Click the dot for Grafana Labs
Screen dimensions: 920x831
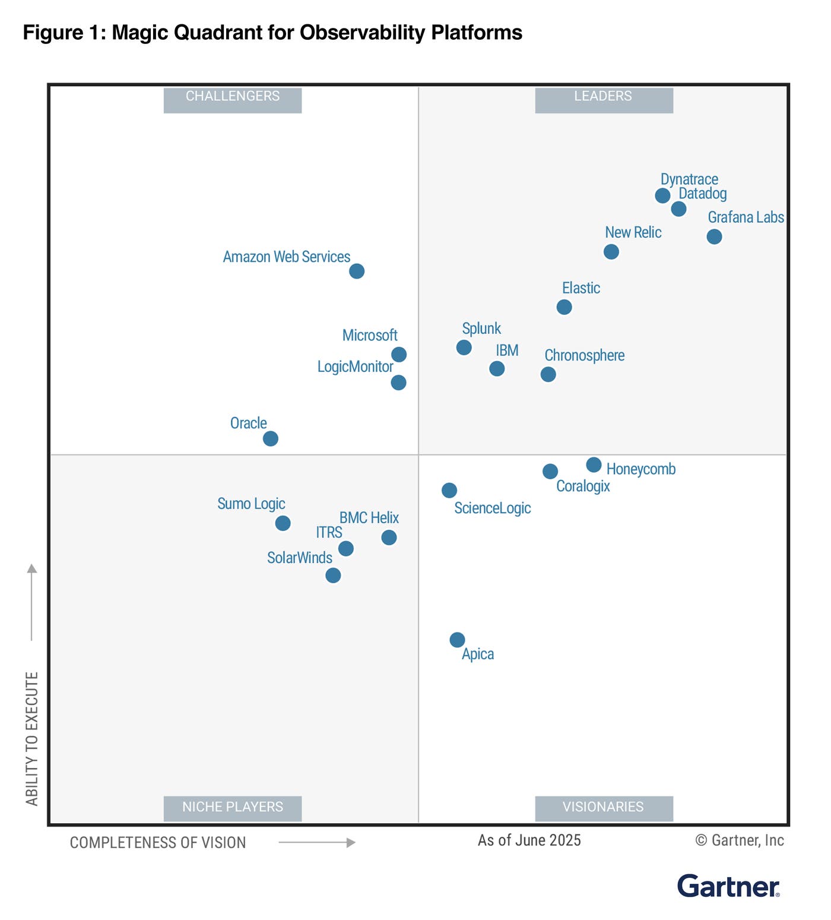point(714,236)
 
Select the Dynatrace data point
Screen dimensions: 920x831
point(662,195)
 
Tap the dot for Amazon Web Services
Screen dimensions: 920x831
point(356,271)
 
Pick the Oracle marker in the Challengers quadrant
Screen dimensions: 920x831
point(270,438)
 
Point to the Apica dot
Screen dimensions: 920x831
point(457,640)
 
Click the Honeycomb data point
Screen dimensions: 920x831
point(594,464)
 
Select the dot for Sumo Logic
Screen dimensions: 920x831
point(283,523)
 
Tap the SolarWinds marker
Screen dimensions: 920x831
point(333,575)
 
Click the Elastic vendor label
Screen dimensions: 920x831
point(581,288)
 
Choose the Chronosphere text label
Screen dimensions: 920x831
point(584,355)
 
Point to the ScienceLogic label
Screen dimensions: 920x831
point(492,508)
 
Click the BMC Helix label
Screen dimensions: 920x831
point(369,517)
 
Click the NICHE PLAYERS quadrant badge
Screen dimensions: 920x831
point(232,808)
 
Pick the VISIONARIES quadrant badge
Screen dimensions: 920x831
point(604,808)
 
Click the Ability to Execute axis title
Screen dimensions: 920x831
point(32,738)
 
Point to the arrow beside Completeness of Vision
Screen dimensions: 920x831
point(317,842)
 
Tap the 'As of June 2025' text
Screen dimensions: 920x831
point(529,840)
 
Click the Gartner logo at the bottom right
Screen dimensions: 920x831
point(728,886)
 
